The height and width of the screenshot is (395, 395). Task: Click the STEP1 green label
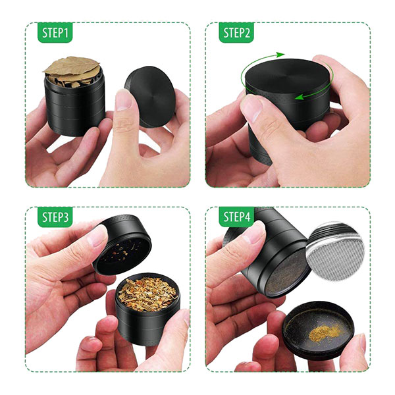pos(55,32)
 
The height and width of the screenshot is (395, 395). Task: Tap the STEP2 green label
pos(236,32)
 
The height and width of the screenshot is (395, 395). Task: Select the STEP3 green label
pos(55,217)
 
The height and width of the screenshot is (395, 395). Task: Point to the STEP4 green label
pos(236,217)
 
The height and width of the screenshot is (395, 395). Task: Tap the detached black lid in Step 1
pos(150,97)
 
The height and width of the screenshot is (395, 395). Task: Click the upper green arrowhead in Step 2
pos(280,55)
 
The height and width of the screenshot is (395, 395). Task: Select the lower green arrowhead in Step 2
pos(299,97)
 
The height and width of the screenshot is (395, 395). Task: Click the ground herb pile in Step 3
pos(147,294)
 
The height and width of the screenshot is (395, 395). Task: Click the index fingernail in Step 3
pos(97,236)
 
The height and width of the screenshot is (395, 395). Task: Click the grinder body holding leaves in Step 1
pos(75,103)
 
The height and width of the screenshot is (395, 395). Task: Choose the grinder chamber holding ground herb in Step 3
pos(147,310)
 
